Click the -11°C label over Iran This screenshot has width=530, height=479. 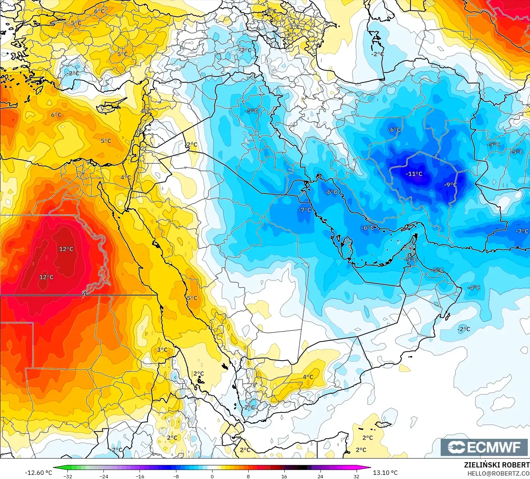[414, 174]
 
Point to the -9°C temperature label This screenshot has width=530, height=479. [450, 185]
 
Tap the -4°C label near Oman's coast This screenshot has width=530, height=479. [474, 288]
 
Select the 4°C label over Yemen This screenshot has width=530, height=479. [308, 377]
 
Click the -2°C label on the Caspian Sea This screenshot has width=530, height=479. [377, 54]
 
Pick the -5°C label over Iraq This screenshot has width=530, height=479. [252, 111]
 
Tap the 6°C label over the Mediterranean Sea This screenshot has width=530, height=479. [56, 115]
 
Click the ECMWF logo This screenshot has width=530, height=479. [485, 447]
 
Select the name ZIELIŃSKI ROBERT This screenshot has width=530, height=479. [497, 465]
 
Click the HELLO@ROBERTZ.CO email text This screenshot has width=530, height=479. [498, 473]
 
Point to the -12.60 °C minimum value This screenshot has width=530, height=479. [38, 473]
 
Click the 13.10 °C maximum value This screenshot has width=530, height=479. [385, 473]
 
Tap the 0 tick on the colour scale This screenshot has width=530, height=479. [212, 476]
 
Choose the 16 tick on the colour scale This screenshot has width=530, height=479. [284, 476]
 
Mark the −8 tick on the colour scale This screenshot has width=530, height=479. [176, 476]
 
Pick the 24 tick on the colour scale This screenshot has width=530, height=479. [320, 476]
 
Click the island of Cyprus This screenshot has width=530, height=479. [108, 108]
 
